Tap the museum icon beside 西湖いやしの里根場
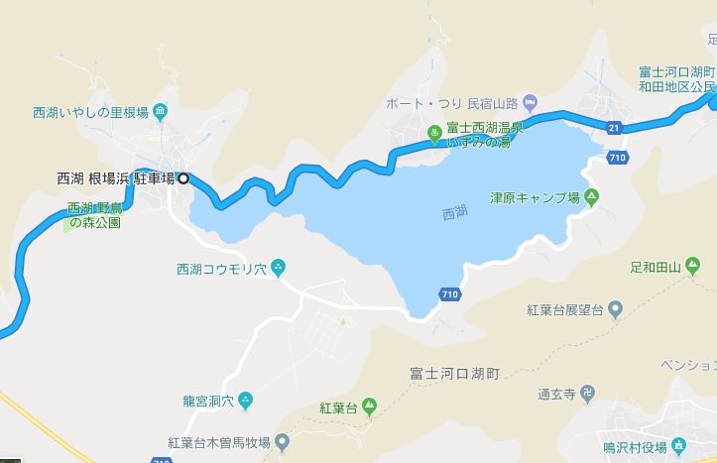[x=161, y=114]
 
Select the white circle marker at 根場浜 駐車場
[x=182, y=179]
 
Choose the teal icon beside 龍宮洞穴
[x=246, y=400]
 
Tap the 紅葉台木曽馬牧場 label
[x=218, y=441]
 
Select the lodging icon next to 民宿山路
[x=530, y=101]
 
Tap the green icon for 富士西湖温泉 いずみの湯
[x=433, y=134]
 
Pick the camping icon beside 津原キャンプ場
[x=591, y=195]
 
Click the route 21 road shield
[x=614, y=127]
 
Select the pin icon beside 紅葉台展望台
[x=615, y=309]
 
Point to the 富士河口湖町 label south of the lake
[x=455, y=375]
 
